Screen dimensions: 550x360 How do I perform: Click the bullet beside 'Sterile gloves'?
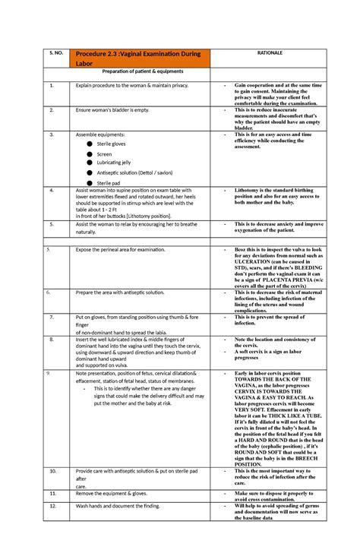tap(90, 143)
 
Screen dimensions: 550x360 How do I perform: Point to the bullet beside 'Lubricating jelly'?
tap(90, 163)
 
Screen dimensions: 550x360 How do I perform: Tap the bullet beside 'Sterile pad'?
tap(90, 182)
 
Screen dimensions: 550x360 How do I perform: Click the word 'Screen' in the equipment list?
tap(105, 153)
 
